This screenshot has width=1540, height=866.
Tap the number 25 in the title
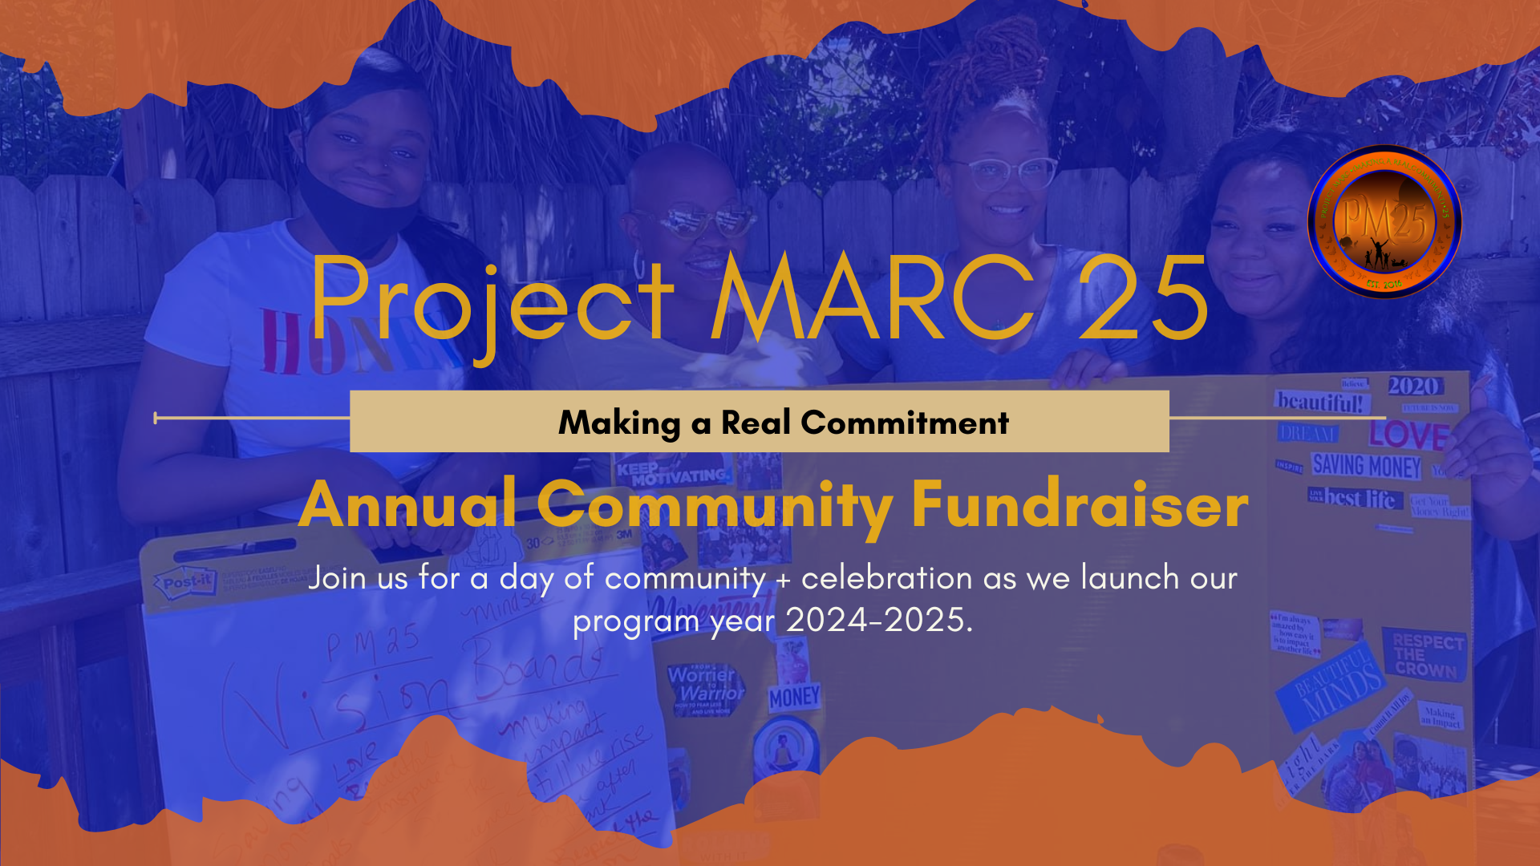pos(1142,298)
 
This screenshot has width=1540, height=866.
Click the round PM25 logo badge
pos(1384,222)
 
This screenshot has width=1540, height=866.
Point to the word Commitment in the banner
pos(905,423)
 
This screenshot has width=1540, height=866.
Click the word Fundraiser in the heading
pos(1080,505)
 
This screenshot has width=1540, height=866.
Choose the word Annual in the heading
pos(407,505)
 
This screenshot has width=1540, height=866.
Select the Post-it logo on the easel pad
pos(187,581)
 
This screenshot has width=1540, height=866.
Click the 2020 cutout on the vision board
pos(1413,386)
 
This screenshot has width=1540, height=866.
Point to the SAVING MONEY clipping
pos(1366,466)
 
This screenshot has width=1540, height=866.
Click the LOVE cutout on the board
pos(1408,435)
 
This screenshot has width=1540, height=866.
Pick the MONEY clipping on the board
pos(794,698)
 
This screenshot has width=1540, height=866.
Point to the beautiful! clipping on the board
pos(1319,402)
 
